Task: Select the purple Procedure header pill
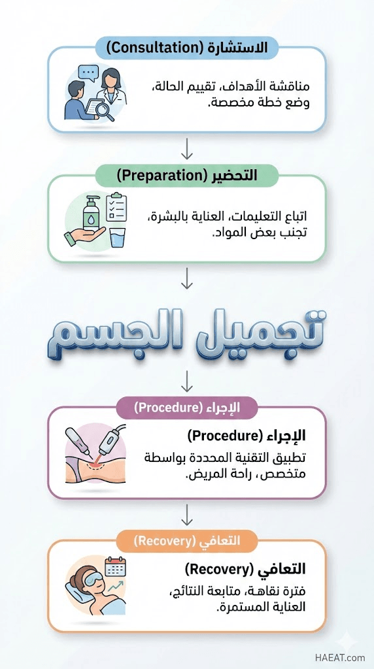point(187,408)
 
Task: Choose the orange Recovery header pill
point(187,541)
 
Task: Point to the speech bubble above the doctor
point(89,73)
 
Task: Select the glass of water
point(118,237)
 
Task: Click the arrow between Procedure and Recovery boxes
point(187,514)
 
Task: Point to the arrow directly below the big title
point(187,382)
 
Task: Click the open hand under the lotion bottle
point(84,236)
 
